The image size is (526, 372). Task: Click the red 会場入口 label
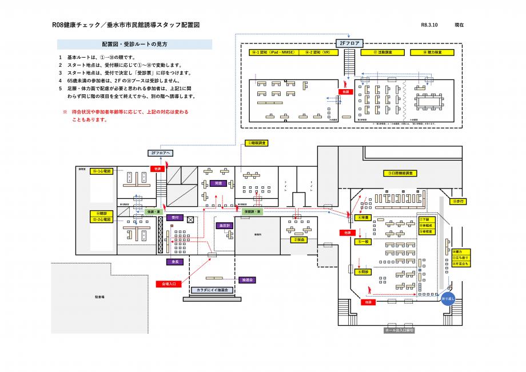click(x=169, y=283)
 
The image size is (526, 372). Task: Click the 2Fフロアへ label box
click(x=160, y=153)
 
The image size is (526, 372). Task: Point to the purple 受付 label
click(x=176, y=218)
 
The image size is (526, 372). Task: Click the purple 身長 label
click(x=176, y=262)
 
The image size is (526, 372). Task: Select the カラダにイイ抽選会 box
click(x=212, y=290)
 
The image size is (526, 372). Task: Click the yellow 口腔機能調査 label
click(x=402, y=173)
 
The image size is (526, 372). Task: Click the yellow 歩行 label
click(x=458, y=201)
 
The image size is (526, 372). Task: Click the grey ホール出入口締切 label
click(x=399, y=330)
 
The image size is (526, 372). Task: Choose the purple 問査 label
click(x=218, y=183)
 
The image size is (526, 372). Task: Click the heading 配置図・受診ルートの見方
click(x=135, y=44)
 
